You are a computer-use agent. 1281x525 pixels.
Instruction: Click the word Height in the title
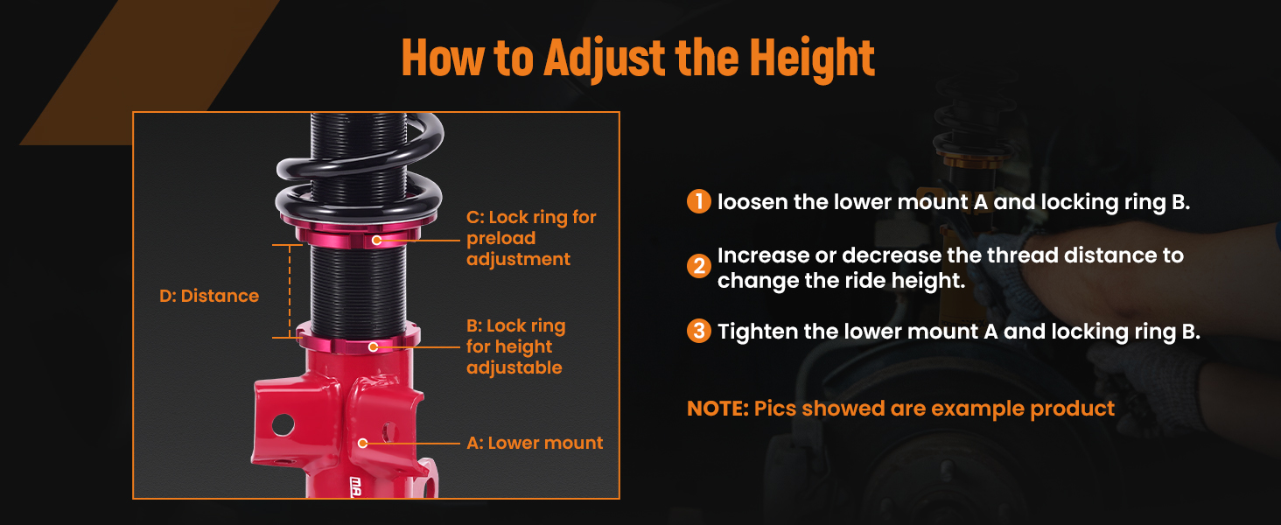[x=812, y=58]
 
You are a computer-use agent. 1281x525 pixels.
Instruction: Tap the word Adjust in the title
[x=605, y=58]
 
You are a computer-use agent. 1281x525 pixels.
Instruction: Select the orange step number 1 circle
[x=699, y=201]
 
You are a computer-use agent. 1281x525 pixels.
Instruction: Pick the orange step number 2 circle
[x=699, y=266]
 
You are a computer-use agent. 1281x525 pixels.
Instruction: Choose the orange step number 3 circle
[x=699, y=331]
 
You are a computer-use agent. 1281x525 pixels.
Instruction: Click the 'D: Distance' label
[x=209, y=296]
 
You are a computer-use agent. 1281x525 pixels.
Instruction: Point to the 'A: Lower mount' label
[x=535, y=443]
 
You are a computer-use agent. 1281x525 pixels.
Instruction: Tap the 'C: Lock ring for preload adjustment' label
[x=531, y=238]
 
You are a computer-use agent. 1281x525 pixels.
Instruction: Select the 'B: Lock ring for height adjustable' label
[x=516, y=346]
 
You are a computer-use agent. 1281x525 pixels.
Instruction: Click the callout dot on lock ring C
[x=376, y=241]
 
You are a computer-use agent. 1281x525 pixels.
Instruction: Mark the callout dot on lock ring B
[x=373, y=346]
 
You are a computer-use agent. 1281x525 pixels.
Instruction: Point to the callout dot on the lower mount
[x=362, y=444]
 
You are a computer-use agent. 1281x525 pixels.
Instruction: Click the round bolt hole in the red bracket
[x=283, y=425]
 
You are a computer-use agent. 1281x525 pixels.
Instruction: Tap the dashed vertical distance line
[x=290, y=291]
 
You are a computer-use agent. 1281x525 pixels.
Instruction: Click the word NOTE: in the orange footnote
[x=717, y=409]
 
